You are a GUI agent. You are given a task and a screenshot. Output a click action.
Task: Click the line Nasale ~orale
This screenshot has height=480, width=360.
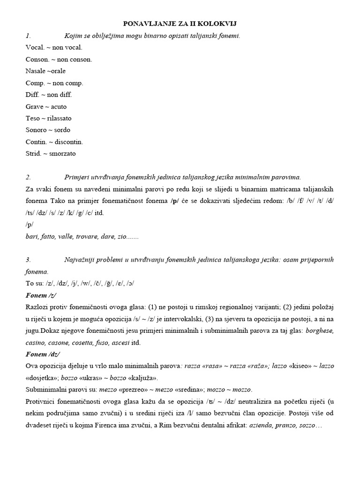(x=46, y=71)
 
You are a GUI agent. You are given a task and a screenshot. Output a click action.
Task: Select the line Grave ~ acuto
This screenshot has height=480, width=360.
(x=46, y=106)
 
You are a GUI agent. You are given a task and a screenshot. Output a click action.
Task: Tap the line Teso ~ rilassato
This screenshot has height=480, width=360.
(x=49, y=118)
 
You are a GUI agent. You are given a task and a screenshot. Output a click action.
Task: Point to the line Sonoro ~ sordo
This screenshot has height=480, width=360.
(x=48, y=130)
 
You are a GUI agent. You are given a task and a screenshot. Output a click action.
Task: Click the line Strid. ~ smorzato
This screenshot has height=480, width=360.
(x=51, y=153)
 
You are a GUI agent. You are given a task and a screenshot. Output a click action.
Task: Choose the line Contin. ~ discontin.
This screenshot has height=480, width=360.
(x=54, y=142)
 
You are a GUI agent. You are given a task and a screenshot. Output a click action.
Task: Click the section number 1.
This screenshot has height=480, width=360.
(x=28, y=36)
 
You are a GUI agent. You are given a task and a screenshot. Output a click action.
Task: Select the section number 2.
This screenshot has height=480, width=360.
(x=28, y=177)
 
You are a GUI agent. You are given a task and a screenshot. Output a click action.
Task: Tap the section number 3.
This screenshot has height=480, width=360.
(x=28, y=260)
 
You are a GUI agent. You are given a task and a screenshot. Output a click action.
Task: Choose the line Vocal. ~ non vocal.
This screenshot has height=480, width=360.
(x=54, y=47)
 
